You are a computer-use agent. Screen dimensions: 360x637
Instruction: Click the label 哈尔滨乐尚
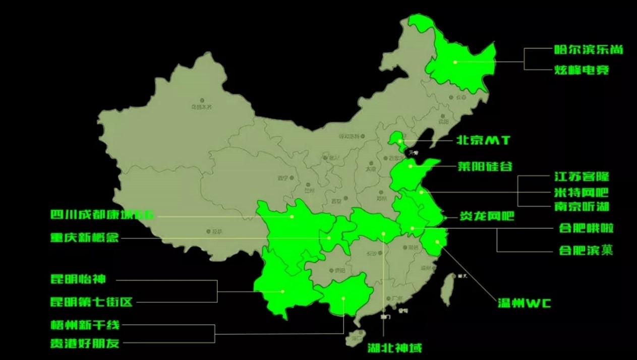click(588, 49)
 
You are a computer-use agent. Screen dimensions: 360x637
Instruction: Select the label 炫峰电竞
click(582, 70)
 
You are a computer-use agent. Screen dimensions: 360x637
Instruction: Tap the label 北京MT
click(483, 141)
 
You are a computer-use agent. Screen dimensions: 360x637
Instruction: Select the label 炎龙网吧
click(486, 218)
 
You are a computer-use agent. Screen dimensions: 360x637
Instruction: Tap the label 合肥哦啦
click(586, 228)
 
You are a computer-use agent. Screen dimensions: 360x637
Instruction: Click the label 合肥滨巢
click(586, 250)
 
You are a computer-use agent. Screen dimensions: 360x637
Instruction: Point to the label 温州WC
click(524, 303)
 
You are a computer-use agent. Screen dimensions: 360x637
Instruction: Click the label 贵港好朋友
click(85, 343)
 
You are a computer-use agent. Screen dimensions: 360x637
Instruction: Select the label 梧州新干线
click(85, 325)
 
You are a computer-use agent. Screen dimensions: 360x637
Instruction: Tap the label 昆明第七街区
click(91, 302)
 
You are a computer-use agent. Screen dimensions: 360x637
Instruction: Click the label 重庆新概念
click(84, 237)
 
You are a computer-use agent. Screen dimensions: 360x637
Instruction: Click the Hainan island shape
click(355, 337)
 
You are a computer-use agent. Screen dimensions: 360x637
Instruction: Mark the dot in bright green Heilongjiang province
click(454, 62)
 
